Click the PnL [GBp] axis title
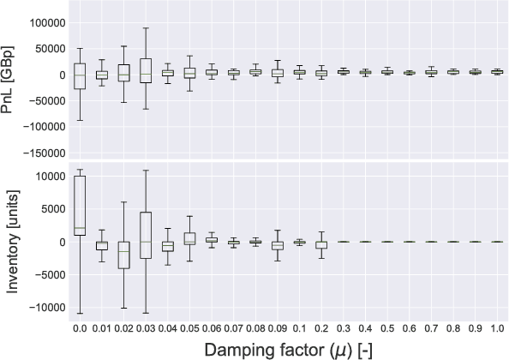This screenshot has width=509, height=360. coord(12,81)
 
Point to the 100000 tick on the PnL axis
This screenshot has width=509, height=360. coord(43,22)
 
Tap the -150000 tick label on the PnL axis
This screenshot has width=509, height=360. coord(40,153)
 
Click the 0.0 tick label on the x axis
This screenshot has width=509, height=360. coord(80,327)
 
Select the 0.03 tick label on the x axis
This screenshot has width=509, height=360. coord(146,327)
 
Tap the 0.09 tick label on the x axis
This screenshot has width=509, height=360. coord(277,327)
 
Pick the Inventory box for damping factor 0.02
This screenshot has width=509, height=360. coord(123,255)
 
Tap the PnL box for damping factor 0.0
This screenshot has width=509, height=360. coord(80,76)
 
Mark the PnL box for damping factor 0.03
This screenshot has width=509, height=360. coord(146,70)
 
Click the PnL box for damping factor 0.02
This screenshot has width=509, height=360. coord(123,73)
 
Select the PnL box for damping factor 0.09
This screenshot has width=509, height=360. coord(277,73)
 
